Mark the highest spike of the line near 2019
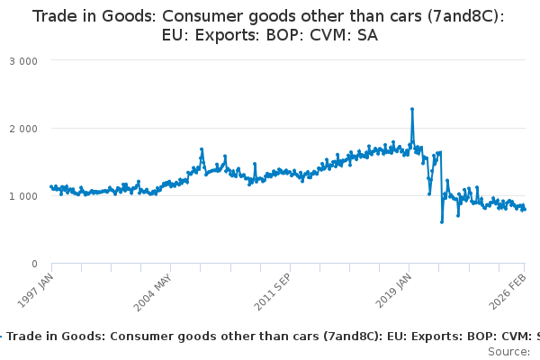pyautogui.click(x=412, y=109)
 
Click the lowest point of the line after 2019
pyautogui.click(x=442, y=221)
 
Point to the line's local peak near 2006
pyautogui.click(x=202, y=149)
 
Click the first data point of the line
pyautogui.click(x=51, y=186)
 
